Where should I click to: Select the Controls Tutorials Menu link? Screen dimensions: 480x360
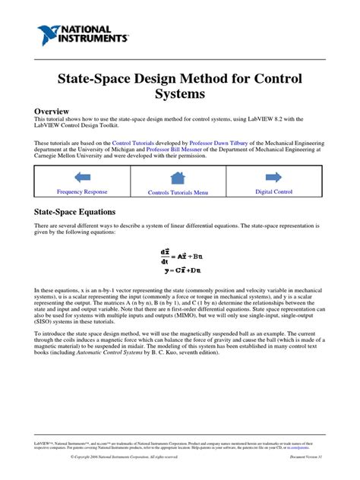click(178, 193)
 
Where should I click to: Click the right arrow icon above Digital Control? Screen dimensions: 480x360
click(273, 178)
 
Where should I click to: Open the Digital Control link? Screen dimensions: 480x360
click(273, 192)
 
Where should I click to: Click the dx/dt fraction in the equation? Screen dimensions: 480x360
click(164, 255)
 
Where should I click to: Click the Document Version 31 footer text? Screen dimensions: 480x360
click(306, 456)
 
